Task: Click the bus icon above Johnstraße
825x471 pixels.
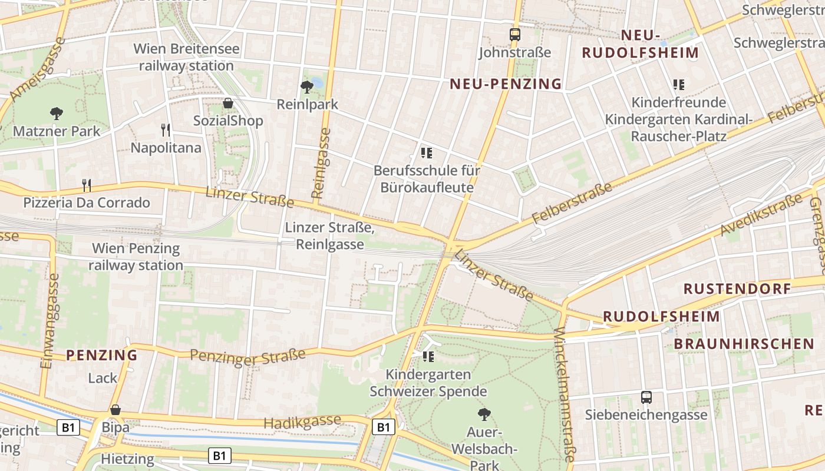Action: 515,35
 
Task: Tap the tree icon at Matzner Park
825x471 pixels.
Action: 57,113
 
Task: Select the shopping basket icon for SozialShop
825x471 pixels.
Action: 228,104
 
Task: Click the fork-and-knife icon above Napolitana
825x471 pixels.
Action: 166,130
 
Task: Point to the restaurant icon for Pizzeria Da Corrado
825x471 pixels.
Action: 87,185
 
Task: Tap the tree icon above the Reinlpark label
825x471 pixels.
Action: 306,87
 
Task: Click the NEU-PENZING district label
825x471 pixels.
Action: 506,84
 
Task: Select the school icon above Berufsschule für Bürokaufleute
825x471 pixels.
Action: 427,154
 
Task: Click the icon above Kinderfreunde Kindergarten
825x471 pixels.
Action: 678,85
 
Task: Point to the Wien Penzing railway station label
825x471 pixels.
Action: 136,257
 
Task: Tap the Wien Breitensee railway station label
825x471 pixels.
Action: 186,57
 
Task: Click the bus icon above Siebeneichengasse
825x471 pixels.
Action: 646,397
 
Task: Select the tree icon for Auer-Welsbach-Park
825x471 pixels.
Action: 484,414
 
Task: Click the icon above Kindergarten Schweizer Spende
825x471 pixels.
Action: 428,356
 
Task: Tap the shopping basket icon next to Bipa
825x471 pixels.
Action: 115,410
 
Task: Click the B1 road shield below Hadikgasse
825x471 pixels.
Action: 383,426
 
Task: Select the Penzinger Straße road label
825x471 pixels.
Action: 248,356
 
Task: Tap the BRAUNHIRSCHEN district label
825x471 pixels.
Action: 744,344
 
